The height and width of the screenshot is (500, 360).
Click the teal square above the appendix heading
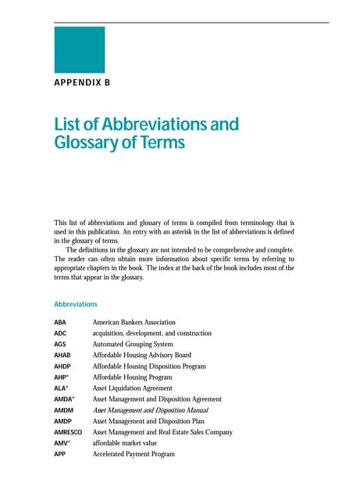coord(79,50)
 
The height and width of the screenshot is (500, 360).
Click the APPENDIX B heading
coord(82,81)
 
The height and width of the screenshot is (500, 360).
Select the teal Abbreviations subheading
coord(76,304)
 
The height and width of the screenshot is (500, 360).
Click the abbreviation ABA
coord(60,322)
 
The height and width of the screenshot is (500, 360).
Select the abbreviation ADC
coord(60,333)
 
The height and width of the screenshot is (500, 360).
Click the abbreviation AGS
coord(60,344)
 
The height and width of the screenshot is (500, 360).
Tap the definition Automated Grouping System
coord(132,344)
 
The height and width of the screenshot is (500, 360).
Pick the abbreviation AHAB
coord(62,355)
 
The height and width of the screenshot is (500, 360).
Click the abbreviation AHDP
coord(62,366)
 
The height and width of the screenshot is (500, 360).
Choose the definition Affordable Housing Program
coord(134,377)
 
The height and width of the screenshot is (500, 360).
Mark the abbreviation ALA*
coord(61,387)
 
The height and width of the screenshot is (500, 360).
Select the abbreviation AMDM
coord(63,410)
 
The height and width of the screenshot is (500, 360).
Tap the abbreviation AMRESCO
coord(68,432)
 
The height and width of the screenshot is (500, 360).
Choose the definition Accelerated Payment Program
coord(134,454)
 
